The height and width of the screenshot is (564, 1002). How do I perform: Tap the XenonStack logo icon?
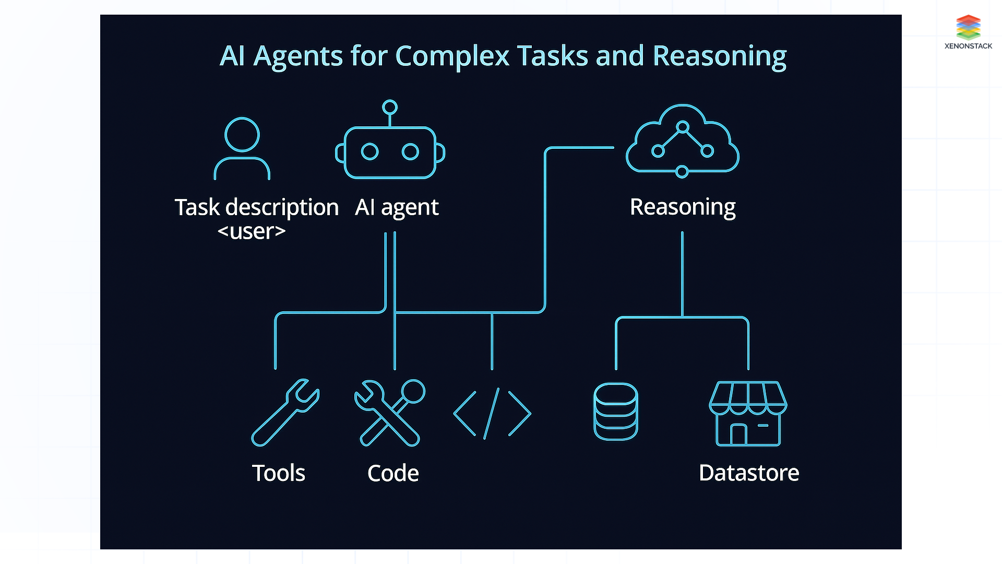(x=968, y=27)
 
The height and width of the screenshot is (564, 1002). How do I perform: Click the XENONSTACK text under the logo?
(x=968, y=46)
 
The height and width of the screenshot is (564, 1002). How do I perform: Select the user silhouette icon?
(x=242, y=149)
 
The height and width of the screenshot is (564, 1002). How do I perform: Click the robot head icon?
(x=390, y=152)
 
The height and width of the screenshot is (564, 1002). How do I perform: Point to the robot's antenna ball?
(x=390, y=107)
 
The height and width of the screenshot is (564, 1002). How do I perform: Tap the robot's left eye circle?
(x=369, y=152)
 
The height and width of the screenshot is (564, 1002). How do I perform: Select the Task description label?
(x=256, y=207)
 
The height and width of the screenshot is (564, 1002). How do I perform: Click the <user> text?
(x=252, y=231)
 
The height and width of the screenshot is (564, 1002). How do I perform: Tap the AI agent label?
(x=397, y=207)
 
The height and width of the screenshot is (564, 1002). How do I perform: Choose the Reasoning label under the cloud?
(x=682, y=207)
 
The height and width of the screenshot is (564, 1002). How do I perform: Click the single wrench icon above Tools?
(x=285, y=413)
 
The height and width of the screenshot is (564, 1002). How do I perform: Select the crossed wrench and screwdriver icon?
(x=389, y=413)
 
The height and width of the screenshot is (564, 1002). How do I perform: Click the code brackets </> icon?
(x=492, y=413)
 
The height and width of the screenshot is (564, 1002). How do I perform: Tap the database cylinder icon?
(x=616, y=412)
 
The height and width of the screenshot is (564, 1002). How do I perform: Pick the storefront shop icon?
(x=748, y=414)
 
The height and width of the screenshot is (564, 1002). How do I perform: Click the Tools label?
(x=278, y=473)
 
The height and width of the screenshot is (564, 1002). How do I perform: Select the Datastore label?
(x=748, y=473)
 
